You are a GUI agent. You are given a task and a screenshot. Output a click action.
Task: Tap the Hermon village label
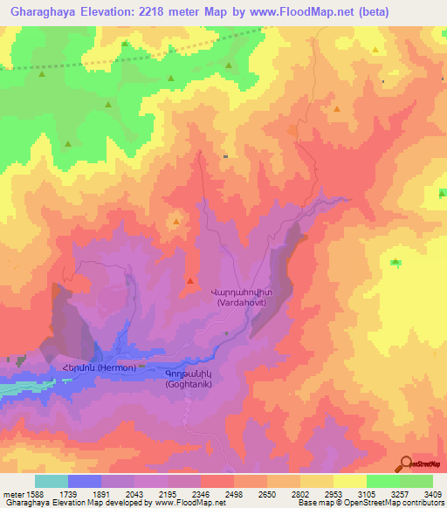(98, 368)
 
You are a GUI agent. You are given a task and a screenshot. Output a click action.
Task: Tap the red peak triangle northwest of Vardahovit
(190, 281)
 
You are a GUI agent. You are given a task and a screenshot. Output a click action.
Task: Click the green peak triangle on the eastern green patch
(395, 262)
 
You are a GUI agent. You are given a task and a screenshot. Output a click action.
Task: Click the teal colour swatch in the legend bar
(52, 481)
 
